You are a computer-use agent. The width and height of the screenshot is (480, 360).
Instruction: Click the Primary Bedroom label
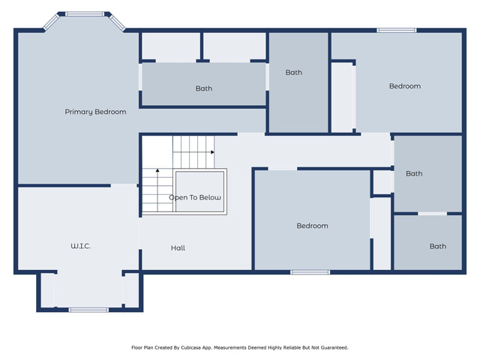coord(95,112)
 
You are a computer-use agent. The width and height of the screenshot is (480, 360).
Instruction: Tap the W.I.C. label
coord(81,246)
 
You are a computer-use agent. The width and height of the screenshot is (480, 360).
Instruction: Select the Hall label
coord(178,248)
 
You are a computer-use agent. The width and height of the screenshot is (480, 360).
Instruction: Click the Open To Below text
coord(195,197)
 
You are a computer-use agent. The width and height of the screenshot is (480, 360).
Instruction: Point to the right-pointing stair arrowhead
coord(212,152)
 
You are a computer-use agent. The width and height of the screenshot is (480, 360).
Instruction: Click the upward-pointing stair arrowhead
coord(157,170)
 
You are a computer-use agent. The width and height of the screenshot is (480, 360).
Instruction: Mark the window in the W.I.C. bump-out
coord(88,310)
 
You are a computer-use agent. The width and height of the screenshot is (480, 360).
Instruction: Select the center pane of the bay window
coord(85,13)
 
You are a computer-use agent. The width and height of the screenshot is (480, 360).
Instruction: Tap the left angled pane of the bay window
coord(51,22)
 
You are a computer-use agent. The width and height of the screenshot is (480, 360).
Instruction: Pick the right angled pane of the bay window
coord(117,22)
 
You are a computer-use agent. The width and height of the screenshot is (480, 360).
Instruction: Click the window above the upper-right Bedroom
coord(397,30)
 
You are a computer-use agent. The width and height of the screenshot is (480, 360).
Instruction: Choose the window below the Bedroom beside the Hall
coord(310,272)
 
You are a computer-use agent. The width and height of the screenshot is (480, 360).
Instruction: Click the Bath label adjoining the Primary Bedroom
coord(204,88)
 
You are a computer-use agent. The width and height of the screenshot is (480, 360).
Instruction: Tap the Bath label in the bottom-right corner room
coord(438,247)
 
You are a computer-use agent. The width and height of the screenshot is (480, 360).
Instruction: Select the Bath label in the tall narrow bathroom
coord(294,73)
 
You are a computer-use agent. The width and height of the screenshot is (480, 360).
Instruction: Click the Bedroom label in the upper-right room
coord(405,86)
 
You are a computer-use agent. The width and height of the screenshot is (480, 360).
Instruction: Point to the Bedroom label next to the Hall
coord(312,226)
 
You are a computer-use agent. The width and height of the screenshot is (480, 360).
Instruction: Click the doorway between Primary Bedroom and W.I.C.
coord(124,185)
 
